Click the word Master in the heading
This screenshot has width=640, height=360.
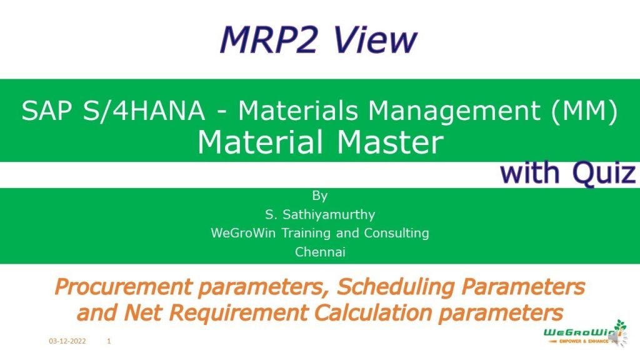pos(389,142)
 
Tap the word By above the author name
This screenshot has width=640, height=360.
pos(319,196)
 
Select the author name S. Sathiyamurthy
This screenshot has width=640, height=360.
pos(319,214)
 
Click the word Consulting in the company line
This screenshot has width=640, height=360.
pos(399,233)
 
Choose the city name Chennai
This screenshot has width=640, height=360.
pos(319,252)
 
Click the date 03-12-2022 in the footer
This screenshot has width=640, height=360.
pos(67,342)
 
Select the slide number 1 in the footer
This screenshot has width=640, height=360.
pos(109,342)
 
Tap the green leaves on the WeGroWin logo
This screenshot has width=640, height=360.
pos(620,326)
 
